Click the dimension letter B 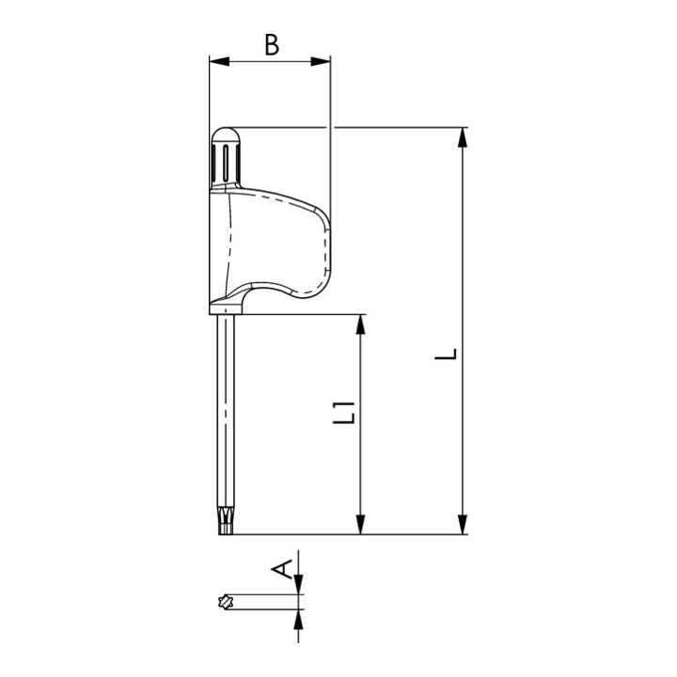pos(272,45)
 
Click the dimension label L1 pos(344,413)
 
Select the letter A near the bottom pos(282,569)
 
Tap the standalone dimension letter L pos(446,354)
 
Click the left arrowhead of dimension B pos(219,61)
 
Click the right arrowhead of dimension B pos(321,61)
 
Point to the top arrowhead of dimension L pos(463,137)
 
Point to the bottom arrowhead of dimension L pos(463,524)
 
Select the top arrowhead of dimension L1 pos(360,324)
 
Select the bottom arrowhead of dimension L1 pos(360,524)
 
